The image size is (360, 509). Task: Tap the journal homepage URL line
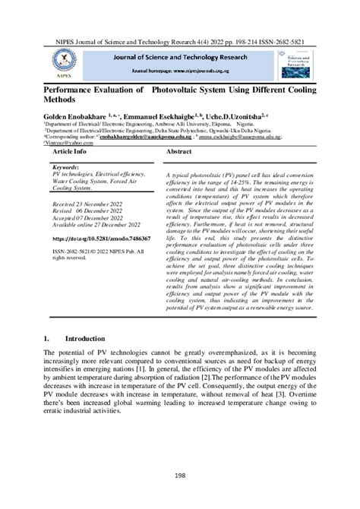[179, 68]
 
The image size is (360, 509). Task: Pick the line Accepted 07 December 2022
[88, 218]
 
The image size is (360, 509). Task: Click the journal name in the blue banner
[179, 56]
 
